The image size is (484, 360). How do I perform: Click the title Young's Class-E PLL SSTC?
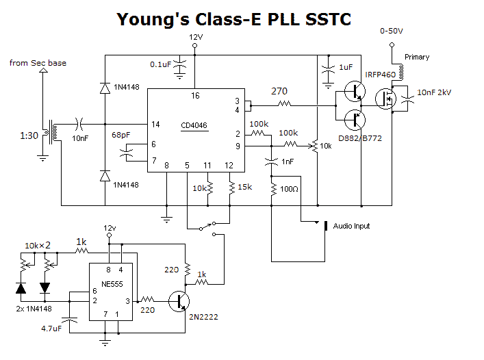coord(234,18)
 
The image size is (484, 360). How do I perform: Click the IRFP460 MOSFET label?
coord(380,75)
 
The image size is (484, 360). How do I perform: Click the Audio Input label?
coord(352,226)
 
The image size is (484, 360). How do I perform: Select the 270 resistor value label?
coord(279,91)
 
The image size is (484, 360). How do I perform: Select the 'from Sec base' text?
coord(38,63)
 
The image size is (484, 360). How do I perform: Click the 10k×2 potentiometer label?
coord(38,245)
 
